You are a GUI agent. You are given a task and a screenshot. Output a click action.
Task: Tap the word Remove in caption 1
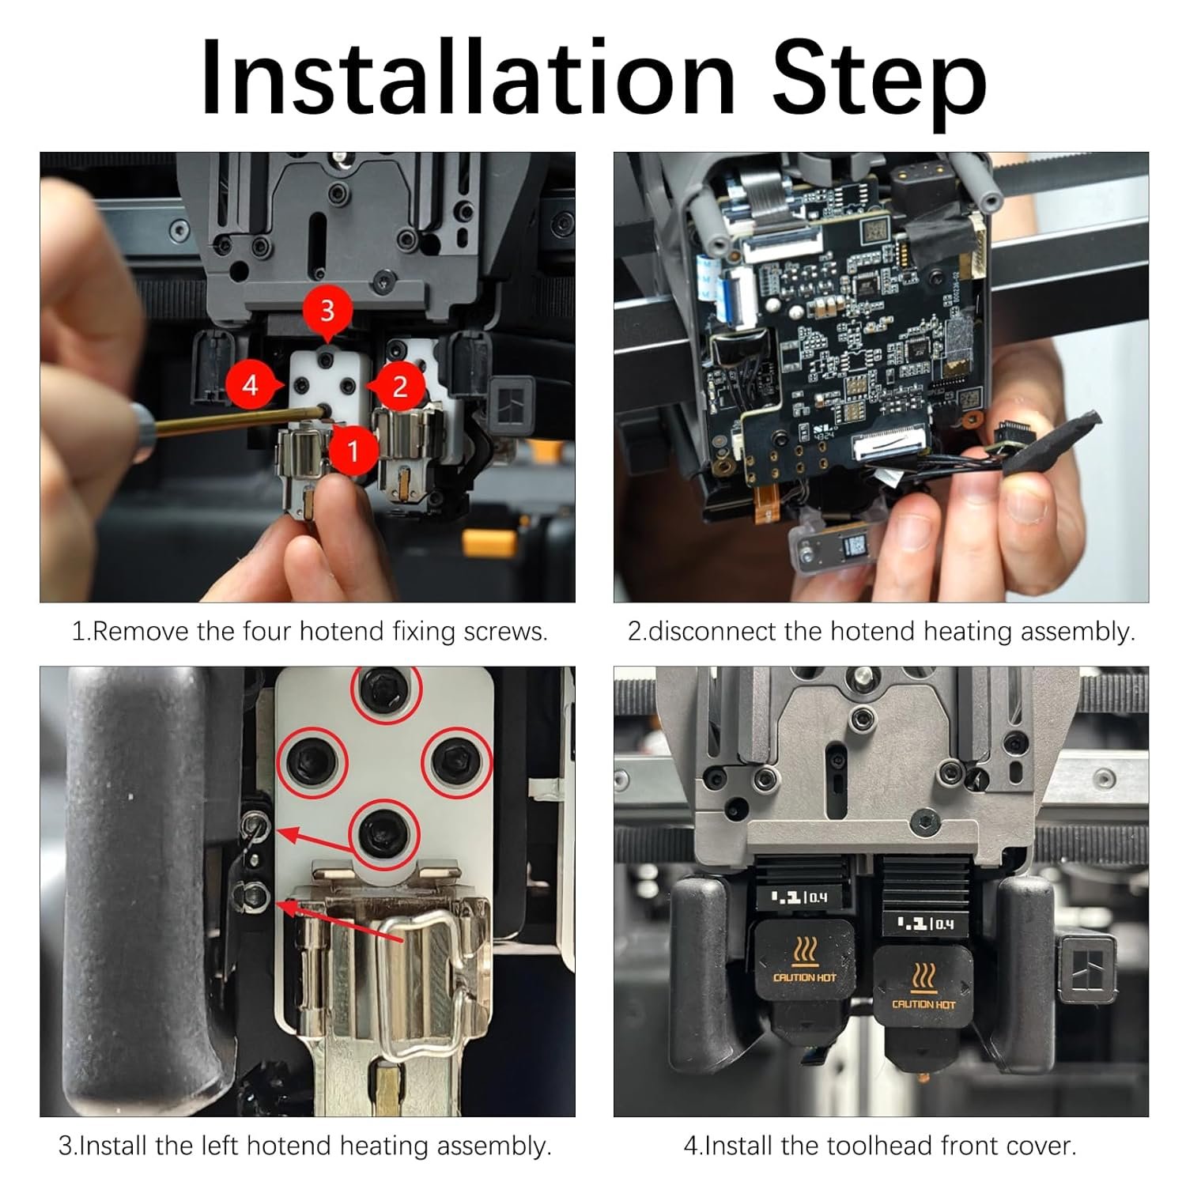142,631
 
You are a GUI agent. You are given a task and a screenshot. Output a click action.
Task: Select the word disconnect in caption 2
709,631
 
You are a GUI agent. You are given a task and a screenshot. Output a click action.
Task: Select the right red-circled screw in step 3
456,761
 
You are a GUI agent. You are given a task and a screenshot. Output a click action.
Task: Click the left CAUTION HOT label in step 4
804,977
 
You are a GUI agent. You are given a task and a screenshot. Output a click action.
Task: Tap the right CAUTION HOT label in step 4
923,1004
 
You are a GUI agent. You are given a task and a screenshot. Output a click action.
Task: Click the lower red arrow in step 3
340,920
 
